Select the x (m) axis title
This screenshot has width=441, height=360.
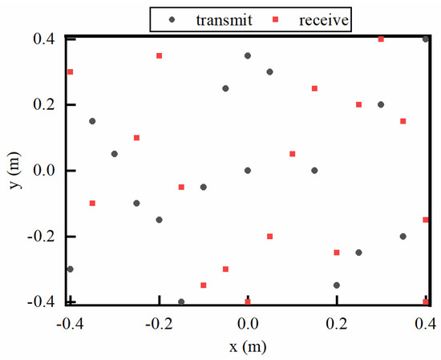click(x=248, y=347)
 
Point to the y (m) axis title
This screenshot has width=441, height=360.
click(x=12, y=170)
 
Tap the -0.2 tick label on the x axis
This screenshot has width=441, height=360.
click(x=159, y=322)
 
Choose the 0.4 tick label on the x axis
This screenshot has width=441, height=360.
click(x=426, y=322)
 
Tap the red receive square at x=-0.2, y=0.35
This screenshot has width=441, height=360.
click(x=160, y=55)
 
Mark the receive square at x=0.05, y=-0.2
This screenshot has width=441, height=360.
click(x=270, y=237)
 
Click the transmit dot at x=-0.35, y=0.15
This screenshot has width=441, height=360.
click(x=92, y=121)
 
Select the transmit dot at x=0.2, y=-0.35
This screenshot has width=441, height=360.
click(x=337, y=285)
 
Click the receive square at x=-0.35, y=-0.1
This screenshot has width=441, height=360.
click(x=92, y=204)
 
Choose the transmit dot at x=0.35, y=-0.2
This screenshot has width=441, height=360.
click(x=403, y=237)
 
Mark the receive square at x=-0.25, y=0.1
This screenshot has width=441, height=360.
click(x=137, y=138)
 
